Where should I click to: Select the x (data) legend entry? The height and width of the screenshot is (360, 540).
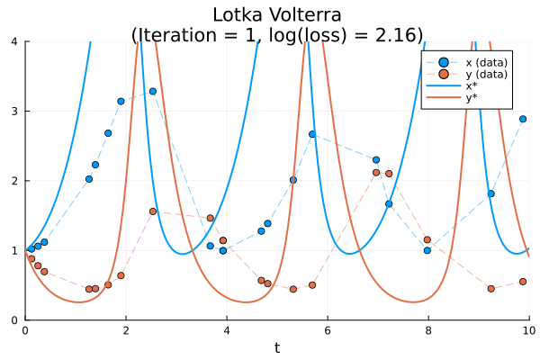pyautogui.click(x=472, y=60)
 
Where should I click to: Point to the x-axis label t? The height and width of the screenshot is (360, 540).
pyautogui.click(x=277, y=348)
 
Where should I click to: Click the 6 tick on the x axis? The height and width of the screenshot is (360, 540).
pyautogui.click(x=328, y=330)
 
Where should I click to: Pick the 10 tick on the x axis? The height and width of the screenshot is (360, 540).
pyautogui.click(x=527, y=330)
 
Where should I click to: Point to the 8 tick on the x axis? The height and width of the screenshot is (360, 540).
pyautogui.click(x=428, y=330)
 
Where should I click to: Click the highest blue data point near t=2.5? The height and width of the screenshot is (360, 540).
pyautogui.click(x=153, y=91)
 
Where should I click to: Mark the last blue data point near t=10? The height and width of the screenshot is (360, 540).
pyautogui.click(x=522, y=119)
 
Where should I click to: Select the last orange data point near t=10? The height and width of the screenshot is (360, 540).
pyautogui.click(x=522, y=282)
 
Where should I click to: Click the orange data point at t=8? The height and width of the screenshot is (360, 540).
pyautogui.click(x=427, y=239)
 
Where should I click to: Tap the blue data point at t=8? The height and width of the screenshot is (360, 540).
pyautogui.click(x=427, y=250)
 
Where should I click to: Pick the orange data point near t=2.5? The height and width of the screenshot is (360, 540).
pyautogui.click(x=153, y=211)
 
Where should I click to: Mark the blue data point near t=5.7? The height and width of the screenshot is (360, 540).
pyautogui.click(x=312, y=134)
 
